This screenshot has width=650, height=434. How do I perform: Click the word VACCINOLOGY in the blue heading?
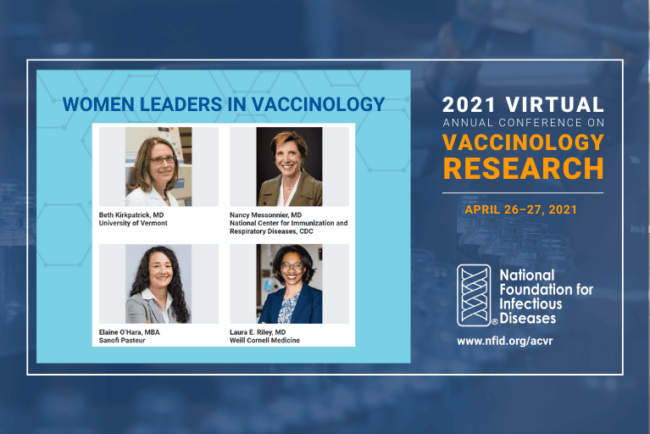pos(319,104)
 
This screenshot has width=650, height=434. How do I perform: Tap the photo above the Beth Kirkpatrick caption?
pos(158,167)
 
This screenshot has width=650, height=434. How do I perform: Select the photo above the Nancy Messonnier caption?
pos(289,167)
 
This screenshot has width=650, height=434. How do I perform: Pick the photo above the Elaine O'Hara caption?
pos(158,284)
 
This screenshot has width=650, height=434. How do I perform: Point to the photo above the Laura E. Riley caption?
pos(289,284)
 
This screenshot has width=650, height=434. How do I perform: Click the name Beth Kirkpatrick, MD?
pos(131,214)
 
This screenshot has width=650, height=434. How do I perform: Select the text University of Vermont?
pos(133,223)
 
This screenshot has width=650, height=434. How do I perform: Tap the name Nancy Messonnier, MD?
pos(266,214)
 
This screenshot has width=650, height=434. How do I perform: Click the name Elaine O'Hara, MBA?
pos(130,332)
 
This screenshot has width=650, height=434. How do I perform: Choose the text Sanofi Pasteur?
pos(122,340)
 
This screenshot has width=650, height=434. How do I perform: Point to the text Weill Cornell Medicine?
pos(265,340)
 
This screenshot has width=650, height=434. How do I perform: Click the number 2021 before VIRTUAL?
pos(469,104)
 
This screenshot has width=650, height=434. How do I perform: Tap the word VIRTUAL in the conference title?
pos(554,104)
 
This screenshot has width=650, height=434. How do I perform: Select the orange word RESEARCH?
pos(524,169)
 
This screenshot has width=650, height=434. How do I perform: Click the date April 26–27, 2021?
pos(520,209)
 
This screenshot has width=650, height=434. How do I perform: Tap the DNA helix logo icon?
pos(474,296)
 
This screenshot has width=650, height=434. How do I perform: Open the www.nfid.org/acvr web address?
pos(505,341)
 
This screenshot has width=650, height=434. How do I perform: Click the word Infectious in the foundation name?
pos(531,303)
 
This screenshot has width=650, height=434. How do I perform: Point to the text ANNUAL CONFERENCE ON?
pos(524,123)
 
